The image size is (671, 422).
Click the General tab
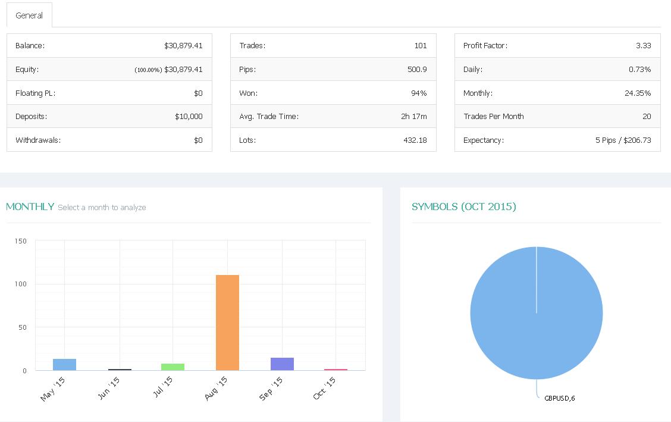point(29,15)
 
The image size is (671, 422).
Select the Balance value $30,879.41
point(183,46)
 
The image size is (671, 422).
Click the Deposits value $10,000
point(189,117)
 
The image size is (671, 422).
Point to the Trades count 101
point(420,46)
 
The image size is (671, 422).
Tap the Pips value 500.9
point(417,70)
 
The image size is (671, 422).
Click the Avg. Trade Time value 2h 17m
point(413,117)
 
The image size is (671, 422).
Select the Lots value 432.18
point(415,140)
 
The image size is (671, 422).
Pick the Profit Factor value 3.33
point(643,46)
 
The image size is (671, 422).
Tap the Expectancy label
point(484,140)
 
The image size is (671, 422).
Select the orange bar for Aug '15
point(227,323)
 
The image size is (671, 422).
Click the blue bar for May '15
point(64,365)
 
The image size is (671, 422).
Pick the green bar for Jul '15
point(173,367)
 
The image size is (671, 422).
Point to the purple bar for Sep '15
point(282,364)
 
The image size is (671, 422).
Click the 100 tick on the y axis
point(21,285)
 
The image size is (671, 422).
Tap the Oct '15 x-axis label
point(325,388)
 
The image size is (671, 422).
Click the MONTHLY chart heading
point(30,207)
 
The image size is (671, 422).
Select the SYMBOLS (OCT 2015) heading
point(463,207)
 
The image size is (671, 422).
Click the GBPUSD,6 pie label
point(559,398)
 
